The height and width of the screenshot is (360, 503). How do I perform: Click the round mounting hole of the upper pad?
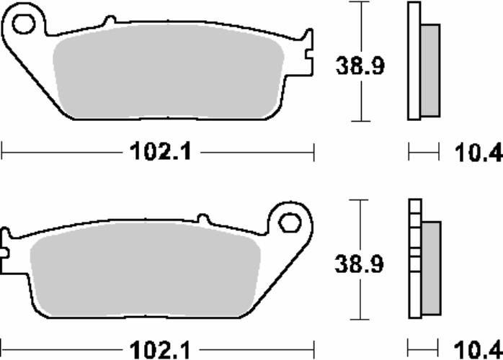tap(23, 24)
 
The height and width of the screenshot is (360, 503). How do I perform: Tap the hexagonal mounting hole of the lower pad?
tap(290, 222)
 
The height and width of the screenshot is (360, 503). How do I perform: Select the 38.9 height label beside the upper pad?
tap(360, 66)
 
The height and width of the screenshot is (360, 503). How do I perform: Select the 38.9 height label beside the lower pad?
tap(359, 264)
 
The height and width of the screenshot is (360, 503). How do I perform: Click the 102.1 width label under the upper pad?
tap(161, 151)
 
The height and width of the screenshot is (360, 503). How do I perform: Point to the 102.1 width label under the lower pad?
tap(160, 349)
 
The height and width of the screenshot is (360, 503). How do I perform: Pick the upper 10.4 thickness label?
tap(478, 153)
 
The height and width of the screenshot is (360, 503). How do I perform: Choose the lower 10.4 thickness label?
tap(478, 350)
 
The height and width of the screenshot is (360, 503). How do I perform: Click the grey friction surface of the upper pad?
tap(169, 71)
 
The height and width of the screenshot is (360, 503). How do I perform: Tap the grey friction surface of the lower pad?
tap(145, 269)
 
